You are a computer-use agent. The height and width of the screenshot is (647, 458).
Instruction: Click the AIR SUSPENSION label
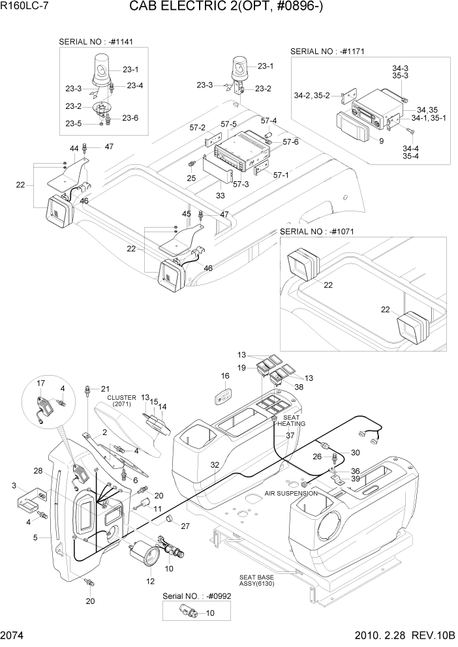click(291, 494)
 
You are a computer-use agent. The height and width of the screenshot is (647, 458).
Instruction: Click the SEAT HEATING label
click(292, 420)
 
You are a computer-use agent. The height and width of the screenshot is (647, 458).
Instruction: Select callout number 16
click(225, 376)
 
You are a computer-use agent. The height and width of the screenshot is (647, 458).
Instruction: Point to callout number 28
click(38, 471)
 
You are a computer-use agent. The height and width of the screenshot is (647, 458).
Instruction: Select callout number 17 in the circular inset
click(40, 383)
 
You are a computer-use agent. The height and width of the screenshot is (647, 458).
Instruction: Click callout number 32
click(214, 465)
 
